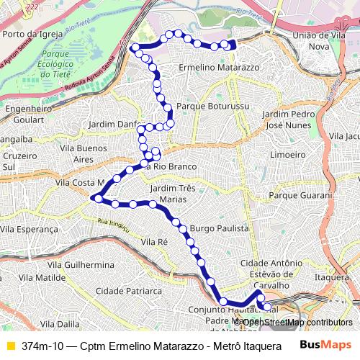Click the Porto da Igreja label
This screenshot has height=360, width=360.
(30, 33)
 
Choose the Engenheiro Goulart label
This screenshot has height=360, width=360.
(30, 114)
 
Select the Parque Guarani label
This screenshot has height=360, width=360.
(300, 195)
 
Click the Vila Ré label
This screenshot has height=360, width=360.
(154, 242)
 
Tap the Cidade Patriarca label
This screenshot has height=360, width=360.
(132, 291)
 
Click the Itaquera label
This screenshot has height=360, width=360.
(331, 277)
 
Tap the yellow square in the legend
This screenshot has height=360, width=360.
(9, 345)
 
